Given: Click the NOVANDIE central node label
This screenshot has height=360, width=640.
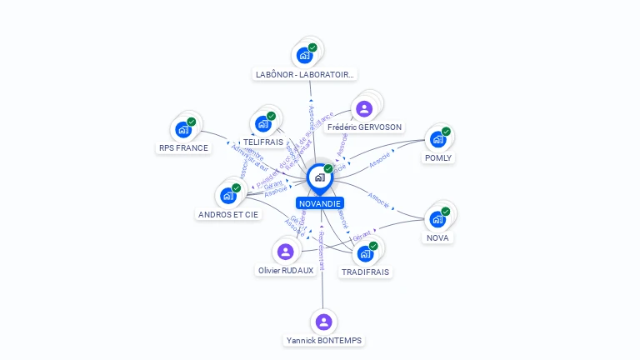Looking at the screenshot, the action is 320,203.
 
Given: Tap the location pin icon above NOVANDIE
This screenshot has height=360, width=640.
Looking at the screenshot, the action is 319,177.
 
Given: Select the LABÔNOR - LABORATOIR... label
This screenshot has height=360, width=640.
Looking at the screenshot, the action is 305,74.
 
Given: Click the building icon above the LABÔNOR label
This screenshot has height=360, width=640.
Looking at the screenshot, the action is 305,55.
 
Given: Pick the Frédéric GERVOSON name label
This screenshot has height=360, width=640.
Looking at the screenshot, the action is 364,127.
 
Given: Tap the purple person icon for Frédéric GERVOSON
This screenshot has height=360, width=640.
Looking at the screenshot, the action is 363,108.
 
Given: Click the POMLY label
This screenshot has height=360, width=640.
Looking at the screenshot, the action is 437,157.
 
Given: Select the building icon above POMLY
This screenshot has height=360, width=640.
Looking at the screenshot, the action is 437,139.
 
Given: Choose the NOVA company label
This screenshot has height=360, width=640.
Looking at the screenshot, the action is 437,237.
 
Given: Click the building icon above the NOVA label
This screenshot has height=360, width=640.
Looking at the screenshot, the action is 437,218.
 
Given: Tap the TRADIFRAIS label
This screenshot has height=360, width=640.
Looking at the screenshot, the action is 365,272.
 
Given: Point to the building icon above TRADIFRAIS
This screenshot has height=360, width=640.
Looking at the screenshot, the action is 365,253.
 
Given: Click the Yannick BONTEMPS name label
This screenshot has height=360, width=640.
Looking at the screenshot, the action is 324,340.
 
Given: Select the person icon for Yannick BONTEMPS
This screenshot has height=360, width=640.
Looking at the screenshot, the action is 323,322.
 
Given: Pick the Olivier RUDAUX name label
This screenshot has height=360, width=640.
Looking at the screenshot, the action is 286,270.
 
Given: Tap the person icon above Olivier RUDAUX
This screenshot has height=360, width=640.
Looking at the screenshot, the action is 286,251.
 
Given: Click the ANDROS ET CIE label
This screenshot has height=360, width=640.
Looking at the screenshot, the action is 228,214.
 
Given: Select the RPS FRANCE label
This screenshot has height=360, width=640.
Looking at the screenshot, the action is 183,147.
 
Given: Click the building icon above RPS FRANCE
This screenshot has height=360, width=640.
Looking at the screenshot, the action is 183,129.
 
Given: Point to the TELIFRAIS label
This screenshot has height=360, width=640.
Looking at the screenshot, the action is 262,142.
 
